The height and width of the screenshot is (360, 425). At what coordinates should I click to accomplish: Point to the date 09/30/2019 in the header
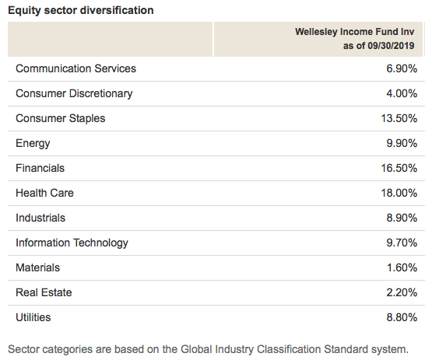pyautogui.click(x=388, y=45)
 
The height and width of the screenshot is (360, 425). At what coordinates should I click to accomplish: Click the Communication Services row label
pyautogui.click(x=76, y=68)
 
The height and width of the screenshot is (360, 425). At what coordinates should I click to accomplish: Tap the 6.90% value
pyautogui.click(x=400, y=68)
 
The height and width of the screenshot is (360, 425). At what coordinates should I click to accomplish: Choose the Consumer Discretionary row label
pyautogui.click(x=74, y=93)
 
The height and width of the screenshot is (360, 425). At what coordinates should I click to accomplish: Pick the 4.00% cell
pyautogui.click(x=400, y=93)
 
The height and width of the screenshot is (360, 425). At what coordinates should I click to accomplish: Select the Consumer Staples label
pyautogui.click(x=60, y=118)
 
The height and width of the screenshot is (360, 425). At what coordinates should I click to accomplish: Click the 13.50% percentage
pyautogui.click(x=397, y=118)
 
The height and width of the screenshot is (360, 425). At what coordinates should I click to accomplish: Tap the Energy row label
pyautogui.click(x=33, y=143)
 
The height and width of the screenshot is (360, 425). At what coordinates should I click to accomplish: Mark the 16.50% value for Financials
pyautogui.click(x=397, y=168)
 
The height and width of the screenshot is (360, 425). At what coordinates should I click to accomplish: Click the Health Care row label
pyautogui.click(x=44, y=193)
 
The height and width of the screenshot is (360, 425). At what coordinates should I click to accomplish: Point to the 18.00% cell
pyautogui.click(x=397, y=193)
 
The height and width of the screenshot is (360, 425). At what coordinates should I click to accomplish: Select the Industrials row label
pyautogui.click(x=40, y=218)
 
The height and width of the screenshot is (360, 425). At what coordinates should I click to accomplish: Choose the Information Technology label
pyautogui.click(x=72, y=243)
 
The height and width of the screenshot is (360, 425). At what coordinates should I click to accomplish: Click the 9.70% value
pyautogui.click(x=400, y=243)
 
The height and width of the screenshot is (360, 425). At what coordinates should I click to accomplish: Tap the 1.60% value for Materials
pyautogui.click(x=400, y=267)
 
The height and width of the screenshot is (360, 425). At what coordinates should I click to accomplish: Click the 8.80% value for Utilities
pyautogui.click(x=400, y=317)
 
